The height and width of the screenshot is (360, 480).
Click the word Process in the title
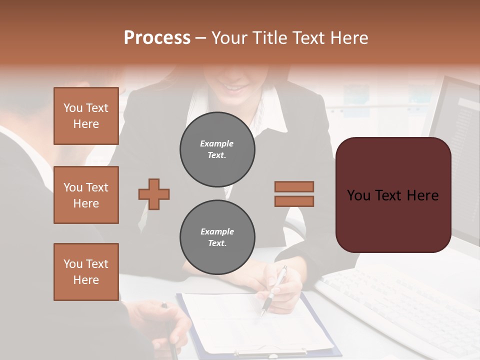pos(157,38)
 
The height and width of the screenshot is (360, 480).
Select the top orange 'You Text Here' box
pos(86,116)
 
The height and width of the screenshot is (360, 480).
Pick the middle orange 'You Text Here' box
pos(86,195)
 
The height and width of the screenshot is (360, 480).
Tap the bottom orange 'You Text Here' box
pos(86,272)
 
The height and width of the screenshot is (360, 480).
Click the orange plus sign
pos(154,194)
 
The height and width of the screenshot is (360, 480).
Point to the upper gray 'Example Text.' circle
pos(217,149)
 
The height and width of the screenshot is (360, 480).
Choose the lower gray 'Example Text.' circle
pos(217,237)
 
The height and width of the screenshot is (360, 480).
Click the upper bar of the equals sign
pos(294,186)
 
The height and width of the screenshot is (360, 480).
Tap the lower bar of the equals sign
pos(294,201)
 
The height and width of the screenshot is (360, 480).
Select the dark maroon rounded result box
pos(393,194)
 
